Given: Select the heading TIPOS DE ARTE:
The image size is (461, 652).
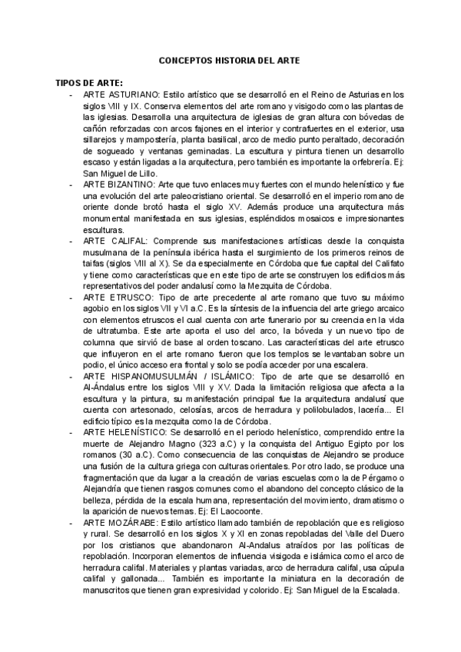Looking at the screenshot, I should click(89, 82).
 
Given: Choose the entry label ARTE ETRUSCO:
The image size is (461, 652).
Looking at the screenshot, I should click(116, 296).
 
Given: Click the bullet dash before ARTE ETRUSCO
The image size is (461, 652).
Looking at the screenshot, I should click(71, 296).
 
